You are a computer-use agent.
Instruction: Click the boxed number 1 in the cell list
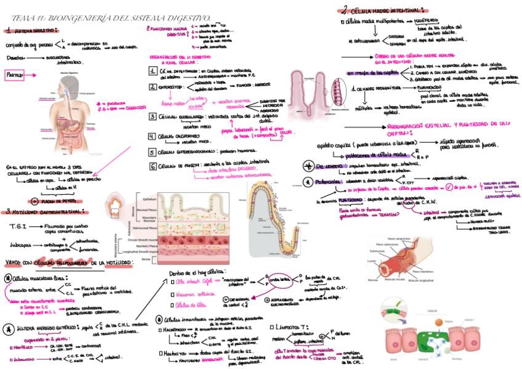coord(151,71)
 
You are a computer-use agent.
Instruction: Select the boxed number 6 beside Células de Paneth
coord(151,166)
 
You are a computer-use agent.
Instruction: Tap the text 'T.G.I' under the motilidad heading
coord(17,227)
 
